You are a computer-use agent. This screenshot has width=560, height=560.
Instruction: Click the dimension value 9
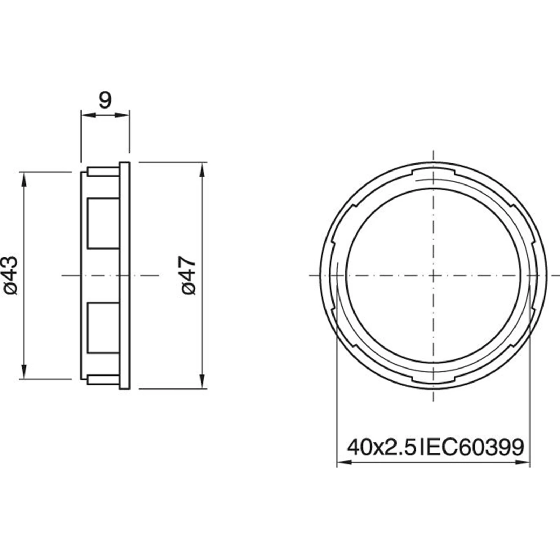click(105, 100)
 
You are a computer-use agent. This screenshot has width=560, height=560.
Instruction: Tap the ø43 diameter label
click(10, 275)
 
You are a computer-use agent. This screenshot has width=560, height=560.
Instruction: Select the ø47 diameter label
click(189, 275)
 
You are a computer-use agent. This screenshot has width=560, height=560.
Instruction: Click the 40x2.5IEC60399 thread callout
click(435, 447)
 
